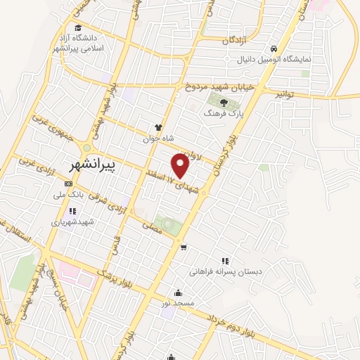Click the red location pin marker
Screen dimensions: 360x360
pos(181,165)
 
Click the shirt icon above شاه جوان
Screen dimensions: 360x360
pos(158,129)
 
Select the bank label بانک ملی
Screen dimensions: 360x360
pos(70,192)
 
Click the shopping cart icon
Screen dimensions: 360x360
pos(184,247)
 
